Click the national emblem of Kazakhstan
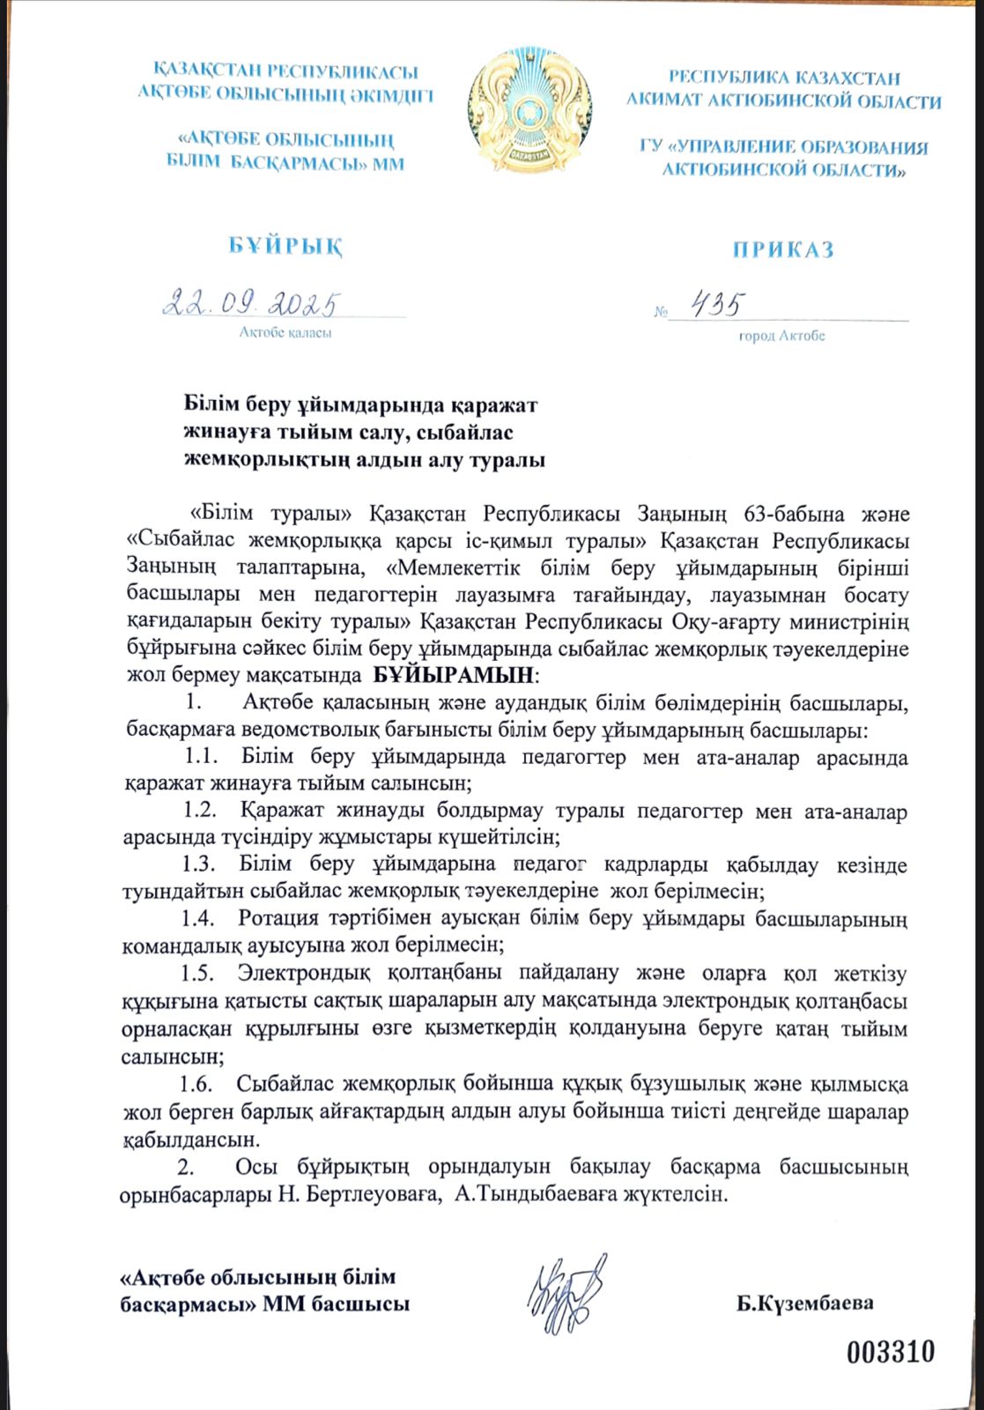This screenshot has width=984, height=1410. pos(529,110)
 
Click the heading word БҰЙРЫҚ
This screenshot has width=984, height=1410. pos(285,246)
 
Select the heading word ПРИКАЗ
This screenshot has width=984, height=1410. pos(783,250)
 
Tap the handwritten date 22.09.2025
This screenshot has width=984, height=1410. pos(251,304)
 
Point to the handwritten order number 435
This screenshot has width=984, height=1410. pos(715,306)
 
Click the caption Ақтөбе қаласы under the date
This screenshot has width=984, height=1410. pos(285,333)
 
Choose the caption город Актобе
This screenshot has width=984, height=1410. pos(781,336)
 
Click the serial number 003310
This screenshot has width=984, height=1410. pos(890,1351)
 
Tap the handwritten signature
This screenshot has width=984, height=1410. pos(567,1293)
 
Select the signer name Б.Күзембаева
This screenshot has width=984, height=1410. pos(805,1303)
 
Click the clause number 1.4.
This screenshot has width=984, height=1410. pos(198,918)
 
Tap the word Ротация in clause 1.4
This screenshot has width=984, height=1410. pos(278,918)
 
